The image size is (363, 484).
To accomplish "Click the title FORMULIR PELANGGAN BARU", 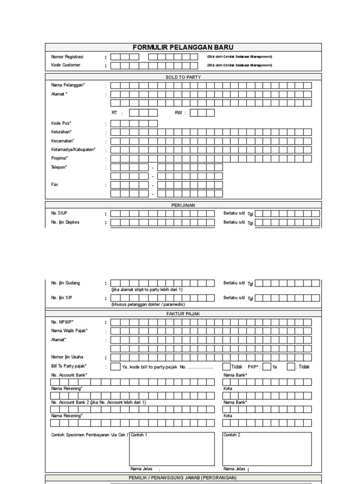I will coord(183,47).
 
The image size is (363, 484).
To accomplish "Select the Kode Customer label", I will coord(66,65).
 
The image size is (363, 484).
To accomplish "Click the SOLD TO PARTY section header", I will coord(183,77).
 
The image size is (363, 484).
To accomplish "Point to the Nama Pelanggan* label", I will coord(68,85).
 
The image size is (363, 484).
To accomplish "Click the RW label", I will coord(179,113).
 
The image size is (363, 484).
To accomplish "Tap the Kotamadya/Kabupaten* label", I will coord(73,150).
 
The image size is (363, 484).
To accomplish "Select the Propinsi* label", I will coord(60,158).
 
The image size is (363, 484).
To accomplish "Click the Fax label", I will coord(54,184).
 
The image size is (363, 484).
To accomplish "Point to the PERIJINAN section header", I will coord(183,205).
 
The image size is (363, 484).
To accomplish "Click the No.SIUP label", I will coord(59,213).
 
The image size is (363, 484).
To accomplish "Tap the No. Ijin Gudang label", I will coord(66,283).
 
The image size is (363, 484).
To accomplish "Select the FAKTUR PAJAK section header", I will coord(183,313).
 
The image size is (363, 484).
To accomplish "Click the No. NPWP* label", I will coord(62,322).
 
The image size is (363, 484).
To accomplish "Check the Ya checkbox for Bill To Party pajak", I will coord(115,366).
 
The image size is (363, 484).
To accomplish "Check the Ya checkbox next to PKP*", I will coord(267,366).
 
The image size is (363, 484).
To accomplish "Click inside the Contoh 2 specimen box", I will coord(267,449).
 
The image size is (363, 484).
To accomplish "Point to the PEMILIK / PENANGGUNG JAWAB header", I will coord(183,478).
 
